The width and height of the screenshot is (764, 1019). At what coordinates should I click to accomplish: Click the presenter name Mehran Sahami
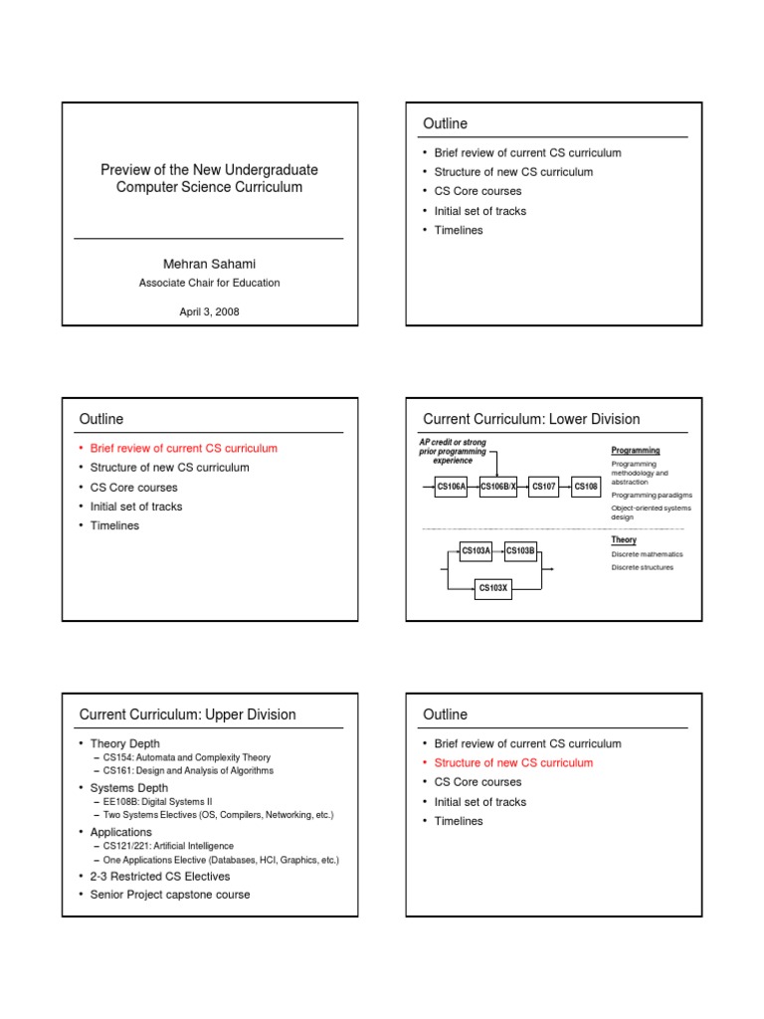coord(209,263)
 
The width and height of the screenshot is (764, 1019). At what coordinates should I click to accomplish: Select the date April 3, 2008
coord(209,311)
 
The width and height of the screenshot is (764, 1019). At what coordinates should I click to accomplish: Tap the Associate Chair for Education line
coord(209,283)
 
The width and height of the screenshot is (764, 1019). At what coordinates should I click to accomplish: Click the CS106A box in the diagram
coord(452,487)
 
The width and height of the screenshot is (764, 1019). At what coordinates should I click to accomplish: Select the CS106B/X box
coord(498,487)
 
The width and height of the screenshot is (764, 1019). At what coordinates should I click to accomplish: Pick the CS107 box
coord(544,487)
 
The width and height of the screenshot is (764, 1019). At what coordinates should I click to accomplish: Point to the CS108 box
coord(586,487)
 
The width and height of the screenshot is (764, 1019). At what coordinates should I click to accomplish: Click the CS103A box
coord(476,550)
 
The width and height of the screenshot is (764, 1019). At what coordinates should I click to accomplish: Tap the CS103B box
coord(521,550)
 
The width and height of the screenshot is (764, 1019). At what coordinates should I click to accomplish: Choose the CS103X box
coord(493,588)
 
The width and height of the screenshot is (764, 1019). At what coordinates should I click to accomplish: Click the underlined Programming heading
coord(635,451)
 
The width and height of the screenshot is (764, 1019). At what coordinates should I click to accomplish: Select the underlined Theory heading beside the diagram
coord(624,540)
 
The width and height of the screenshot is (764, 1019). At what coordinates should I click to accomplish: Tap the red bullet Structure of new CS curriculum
coord(513,763)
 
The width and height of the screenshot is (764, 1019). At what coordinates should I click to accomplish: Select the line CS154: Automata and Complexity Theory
coord(185,757)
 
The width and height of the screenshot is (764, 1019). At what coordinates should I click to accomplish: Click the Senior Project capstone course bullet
coord(170,895)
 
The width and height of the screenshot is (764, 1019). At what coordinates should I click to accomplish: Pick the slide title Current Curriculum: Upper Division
coord(187,714)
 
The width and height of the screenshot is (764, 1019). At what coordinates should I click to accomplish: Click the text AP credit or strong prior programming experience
coord(453,452)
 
